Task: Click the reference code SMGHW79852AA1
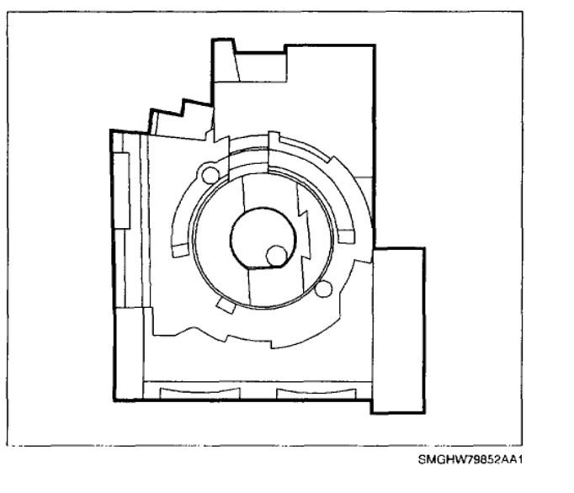click(470, 459)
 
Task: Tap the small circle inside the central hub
click(276, 256)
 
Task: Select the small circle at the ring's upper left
click(210, 175)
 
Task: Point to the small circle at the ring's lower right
click(323, 289)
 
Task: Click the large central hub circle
click(263, 238)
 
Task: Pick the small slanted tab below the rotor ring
click(226, 305)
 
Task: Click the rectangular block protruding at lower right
click(398, 331)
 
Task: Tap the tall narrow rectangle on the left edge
click(121, 191)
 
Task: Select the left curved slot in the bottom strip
click(199, 393)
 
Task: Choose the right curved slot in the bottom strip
click(316, 393)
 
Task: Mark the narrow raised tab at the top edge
click(225, 60)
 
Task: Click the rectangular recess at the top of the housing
click(261, 67)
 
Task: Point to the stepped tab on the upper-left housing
click(181, 119)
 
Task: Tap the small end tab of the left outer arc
click(180, 250)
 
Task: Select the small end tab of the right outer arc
click(346, 236)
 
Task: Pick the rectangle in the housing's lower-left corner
click(130, 353)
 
